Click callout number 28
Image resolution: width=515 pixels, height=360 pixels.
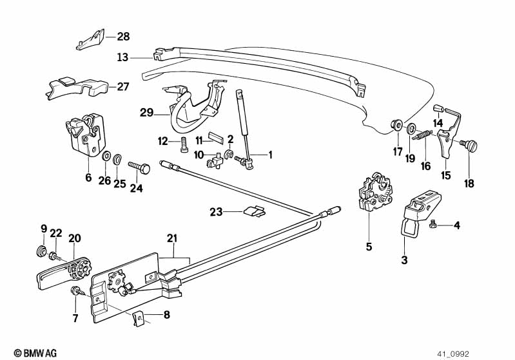123,37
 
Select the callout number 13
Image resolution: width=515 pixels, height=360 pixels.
123,57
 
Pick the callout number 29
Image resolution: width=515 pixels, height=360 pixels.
146,113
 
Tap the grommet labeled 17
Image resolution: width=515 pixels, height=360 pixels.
396,124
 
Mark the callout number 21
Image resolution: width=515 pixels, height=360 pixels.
171,239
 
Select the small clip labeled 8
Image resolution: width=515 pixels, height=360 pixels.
137,317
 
